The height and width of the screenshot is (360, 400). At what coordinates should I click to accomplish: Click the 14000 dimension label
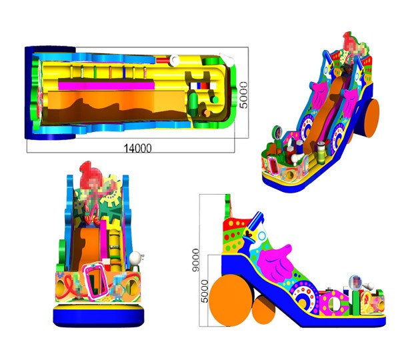(137, 148)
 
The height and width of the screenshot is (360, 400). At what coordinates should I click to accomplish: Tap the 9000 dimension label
(196, 260)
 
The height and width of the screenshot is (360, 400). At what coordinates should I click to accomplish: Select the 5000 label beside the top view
(243, 95)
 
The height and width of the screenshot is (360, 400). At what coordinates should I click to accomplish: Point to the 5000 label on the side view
(205, 291)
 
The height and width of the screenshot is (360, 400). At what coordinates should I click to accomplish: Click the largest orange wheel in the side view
(231, 300)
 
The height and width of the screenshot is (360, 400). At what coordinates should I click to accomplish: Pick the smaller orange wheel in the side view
(264, 310)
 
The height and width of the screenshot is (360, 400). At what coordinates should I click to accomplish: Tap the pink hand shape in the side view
(275, 262)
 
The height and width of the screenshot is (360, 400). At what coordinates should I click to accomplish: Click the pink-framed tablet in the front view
(96, 282)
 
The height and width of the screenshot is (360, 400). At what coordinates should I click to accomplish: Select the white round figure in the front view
(135, 259)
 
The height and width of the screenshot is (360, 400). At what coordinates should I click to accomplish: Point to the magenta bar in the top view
(107, 85)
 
